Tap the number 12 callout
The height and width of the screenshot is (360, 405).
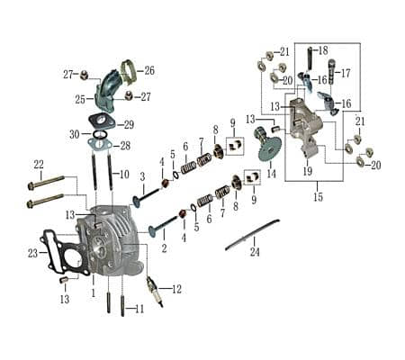click(176, 289)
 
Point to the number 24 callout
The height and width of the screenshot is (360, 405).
click(255, 252)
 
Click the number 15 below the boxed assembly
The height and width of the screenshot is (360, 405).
click(317, 195)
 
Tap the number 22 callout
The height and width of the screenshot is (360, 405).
click(39, 164)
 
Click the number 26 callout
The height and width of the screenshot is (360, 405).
click(149, 69)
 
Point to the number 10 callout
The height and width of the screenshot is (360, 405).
click(125, 174)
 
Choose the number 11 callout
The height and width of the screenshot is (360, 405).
click(139, 310)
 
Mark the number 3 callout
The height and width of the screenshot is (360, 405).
click(141, 176)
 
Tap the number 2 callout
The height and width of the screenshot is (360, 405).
click(164, 246)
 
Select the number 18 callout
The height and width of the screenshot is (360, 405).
click(322, 50)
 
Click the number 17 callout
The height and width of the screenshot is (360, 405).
click(345, 73)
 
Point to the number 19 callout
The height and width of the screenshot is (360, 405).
click(308, 170)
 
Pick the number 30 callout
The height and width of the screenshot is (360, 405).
click(75, 134)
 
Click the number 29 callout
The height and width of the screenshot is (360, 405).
click(129, 124)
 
